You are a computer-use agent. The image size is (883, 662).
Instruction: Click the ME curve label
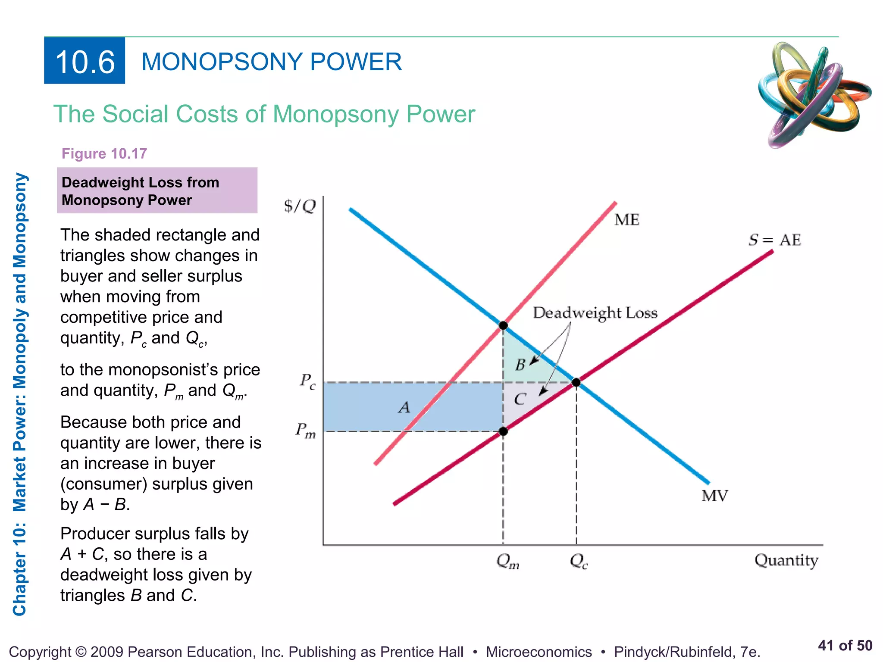[x=627, y=220]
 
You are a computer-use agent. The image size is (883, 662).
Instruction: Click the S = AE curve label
[x=774, y=240]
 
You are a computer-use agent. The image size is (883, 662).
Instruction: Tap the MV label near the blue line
[x=714, y=496]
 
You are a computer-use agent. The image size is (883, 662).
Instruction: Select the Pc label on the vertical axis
[x=308, y=381]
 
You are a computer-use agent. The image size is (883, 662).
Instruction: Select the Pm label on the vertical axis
[x=305, y=431]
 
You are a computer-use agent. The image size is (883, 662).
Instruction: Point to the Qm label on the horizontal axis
[x=507, y=561]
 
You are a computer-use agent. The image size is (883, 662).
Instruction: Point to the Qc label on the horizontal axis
[x=579, y=561]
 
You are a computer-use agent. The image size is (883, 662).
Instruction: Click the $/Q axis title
[x=300, y=206]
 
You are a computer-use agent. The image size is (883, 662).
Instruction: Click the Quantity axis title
[x=786, y=560]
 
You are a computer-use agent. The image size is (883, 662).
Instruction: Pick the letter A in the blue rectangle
[x=404, y=407]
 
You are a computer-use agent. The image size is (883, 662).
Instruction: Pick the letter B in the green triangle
[x=520, y=365]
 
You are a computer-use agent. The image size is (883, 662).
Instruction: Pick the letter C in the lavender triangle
[x=520, y=399]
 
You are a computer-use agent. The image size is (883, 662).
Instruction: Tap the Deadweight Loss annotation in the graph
[x=595, y=312]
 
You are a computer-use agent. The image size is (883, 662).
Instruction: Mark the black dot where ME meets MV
[x=503, y=325]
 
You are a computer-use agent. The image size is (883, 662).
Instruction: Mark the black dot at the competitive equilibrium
[x=576, y=382]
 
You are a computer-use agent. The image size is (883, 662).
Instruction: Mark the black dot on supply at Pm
[x=503, y=431]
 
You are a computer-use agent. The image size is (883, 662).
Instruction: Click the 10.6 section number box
[x=85, y=61]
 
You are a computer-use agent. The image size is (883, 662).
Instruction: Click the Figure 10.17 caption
[x=104, y=153]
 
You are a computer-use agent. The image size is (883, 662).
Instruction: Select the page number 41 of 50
[x=845, y=645]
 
